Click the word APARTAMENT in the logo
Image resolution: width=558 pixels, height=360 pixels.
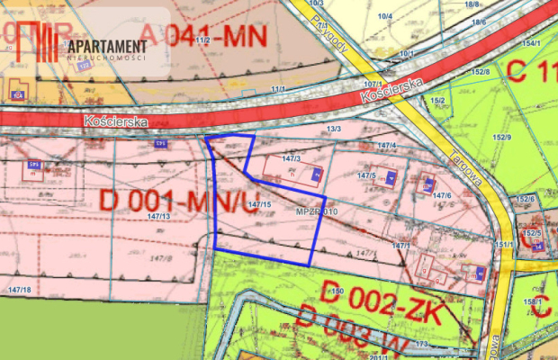point(105,46)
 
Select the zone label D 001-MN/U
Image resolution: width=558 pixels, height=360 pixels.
point(162,202)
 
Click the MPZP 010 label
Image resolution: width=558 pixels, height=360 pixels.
point(316,211)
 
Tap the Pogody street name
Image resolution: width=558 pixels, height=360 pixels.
point(330,37)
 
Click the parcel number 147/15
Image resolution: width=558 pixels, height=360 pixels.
point(259,205)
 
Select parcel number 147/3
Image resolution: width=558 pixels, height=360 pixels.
point(291,157)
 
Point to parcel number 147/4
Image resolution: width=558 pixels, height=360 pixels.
point(387,145)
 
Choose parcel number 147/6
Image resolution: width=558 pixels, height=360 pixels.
point(442,195)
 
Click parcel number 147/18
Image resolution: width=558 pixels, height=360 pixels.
point(18,289)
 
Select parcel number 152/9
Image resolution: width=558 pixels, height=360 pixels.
point(502,137)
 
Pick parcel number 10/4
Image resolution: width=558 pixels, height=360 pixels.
point(385,16)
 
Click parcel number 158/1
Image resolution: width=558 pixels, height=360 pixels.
point(534,301)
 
